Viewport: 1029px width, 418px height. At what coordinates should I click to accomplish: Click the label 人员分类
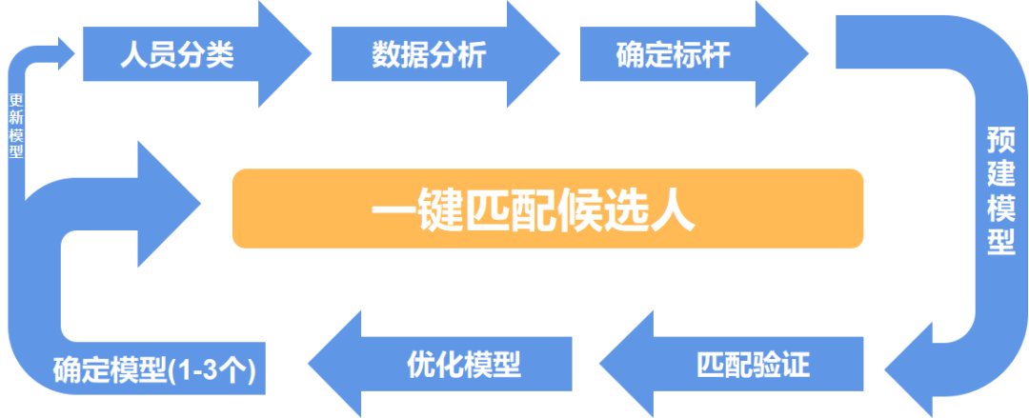(x=177, y=55)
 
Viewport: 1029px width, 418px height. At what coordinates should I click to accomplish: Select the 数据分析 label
(x=428, y=55)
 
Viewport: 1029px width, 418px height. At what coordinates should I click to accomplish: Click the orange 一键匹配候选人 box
(x=548, y=209)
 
